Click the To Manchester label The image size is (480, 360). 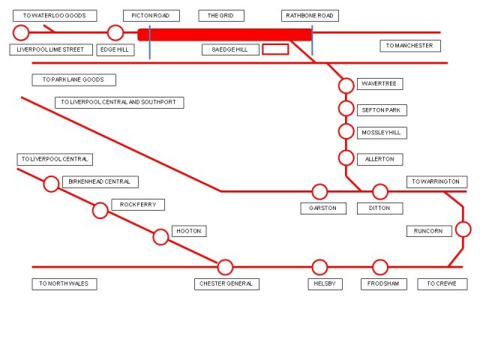coord(410,46)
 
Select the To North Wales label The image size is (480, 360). coord(64,283)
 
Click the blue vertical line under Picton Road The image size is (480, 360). coord(150,42)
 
